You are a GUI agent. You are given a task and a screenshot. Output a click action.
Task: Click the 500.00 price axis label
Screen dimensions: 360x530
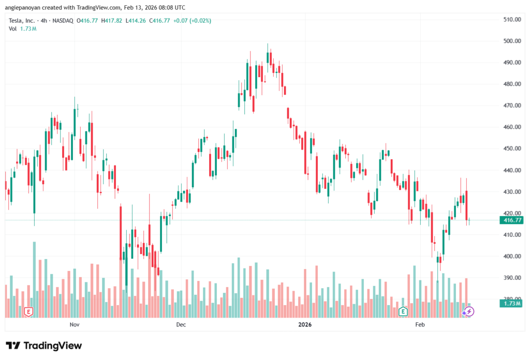511,41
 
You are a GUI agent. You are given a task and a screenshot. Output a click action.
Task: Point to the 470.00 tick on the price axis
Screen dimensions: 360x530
511,106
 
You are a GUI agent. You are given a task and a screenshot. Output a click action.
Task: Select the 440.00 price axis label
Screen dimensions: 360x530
511,170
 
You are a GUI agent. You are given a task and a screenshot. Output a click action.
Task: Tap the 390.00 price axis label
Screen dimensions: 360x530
511,278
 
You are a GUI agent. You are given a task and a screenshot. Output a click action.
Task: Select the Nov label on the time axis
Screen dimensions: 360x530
74,325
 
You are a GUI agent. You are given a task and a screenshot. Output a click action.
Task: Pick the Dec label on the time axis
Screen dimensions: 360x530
181,325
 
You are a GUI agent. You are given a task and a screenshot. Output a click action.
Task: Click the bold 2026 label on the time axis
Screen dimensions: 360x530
305,325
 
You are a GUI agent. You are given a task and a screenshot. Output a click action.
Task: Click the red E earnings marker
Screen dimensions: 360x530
29,311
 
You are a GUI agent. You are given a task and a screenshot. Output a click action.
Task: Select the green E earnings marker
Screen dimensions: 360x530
403,311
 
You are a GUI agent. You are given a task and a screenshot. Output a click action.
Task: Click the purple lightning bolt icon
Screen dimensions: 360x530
468,311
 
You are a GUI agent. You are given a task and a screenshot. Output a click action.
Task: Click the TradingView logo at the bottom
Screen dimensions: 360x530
44,346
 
